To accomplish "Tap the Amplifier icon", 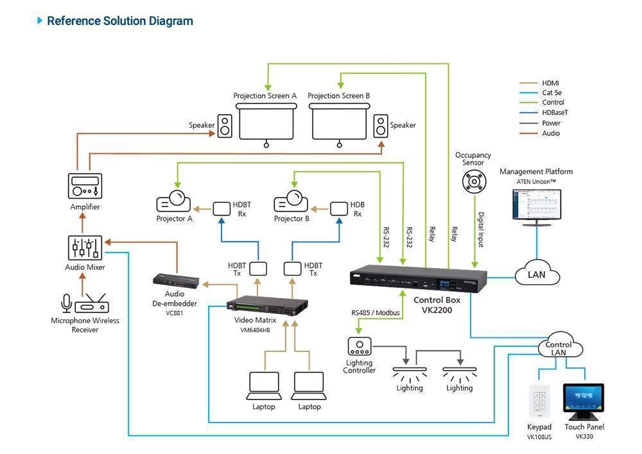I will point(85,186).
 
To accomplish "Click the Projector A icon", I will point(174,202).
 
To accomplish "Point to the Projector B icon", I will point(291,202).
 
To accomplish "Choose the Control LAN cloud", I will point(558,348).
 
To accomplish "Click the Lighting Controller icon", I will point(359,347).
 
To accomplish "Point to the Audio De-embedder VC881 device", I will point(175,280).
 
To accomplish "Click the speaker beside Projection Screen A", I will point(225,125).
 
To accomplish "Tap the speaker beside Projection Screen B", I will point(381,125).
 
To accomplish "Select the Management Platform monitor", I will point(536,205).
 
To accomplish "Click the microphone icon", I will point(66,304).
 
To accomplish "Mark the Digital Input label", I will point(481,230).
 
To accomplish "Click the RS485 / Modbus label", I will point(376,313).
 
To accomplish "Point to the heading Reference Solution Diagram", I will point(119,21).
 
